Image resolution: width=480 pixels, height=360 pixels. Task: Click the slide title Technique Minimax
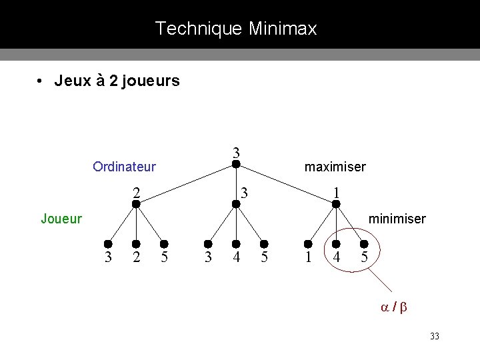[x=236, y=29]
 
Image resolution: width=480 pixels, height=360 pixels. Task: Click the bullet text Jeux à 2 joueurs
[x=117, y=81]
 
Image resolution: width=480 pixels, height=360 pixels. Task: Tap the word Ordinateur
[x=124, y=166]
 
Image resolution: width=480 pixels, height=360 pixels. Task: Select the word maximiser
[x=335, y=166]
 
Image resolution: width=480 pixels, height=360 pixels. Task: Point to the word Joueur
[x=61, y=218]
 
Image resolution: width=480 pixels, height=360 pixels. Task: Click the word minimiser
[x=397, y=218]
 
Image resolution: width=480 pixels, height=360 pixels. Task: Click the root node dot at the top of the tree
[x=235, y=161]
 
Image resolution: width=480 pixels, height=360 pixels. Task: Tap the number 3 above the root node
[x=236, y=151]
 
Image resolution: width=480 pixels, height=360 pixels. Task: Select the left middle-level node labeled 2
[x=136, y=204]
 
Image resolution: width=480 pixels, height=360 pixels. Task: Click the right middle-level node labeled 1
[x=336, y=204]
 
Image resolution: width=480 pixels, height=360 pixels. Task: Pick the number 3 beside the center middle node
[x=245, y=193]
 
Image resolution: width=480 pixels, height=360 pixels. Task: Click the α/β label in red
[x=394, y=307]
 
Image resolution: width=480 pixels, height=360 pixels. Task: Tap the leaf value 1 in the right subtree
[x=307, y=257]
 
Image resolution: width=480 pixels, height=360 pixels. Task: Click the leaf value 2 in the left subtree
[x=136, y=257]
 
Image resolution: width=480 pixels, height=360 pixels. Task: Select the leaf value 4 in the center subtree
[x=236, y=257]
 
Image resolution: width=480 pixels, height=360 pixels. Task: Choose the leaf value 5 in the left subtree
[x=163, y=257]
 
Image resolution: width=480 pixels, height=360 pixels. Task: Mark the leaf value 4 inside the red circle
[x=337, y=257]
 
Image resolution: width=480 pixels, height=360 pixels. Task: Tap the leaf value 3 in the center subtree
[x=208, y=257]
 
